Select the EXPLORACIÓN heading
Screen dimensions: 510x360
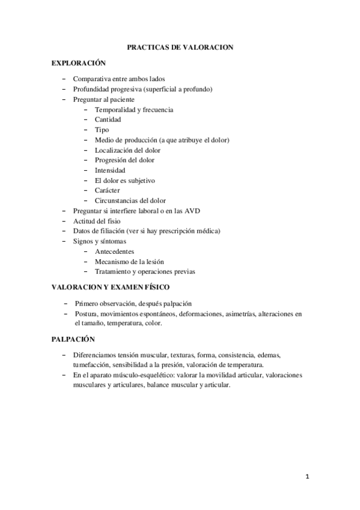78,63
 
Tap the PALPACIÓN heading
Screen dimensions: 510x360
73,339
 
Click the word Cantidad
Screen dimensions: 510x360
108,120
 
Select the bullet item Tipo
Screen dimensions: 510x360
102,130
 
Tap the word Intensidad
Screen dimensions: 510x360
110,170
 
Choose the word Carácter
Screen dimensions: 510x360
107,190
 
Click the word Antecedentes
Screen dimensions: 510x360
114,251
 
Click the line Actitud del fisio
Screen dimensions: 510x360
96,221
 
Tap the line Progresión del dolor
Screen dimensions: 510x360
124,160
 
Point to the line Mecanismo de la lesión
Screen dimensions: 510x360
129,261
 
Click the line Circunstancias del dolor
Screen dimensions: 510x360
130,200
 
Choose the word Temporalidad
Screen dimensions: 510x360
116,109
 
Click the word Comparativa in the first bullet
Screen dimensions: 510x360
91,79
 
